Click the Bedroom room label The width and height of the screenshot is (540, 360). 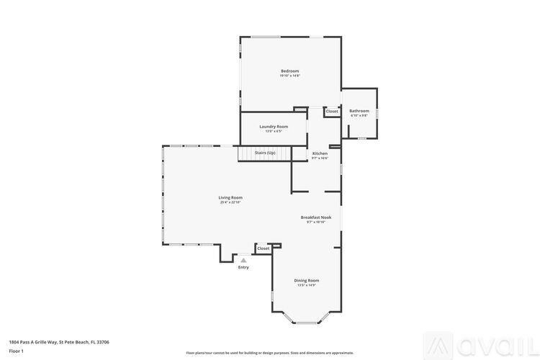[x=289, y=71]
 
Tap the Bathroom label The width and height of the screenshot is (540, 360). [x=359, y=111]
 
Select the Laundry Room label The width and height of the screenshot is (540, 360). [x=274, y=126]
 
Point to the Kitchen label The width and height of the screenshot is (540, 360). [x=320, y=153]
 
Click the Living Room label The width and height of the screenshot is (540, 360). [x=230, y=197]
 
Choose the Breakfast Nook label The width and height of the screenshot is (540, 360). [x=316, y=217]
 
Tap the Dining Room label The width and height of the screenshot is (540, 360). [x=307, y=280]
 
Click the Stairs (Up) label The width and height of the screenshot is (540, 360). [x=265, y=153]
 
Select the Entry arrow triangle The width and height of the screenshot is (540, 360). [x=243, y=260]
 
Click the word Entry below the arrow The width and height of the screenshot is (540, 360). [x=243, y=267]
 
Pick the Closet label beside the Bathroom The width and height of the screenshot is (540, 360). [x=332, y=111]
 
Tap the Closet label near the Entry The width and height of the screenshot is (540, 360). [x=264, y=248]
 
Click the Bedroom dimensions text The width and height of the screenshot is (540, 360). [x=289, y=76]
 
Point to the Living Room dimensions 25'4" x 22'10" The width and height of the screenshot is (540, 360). [x=230, y=202]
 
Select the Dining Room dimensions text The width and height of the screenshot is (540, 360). [x=307, y=285]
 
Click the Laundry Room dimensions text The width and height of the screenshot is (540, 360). [x=274, y=131]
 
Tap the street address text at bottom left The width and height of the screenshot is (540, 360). [x=59, y=342]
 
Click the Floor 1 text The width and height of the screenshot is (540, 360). [x=16, y=351]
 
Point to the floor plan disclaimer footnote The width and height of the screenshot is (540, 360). [x=270, y=353]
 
